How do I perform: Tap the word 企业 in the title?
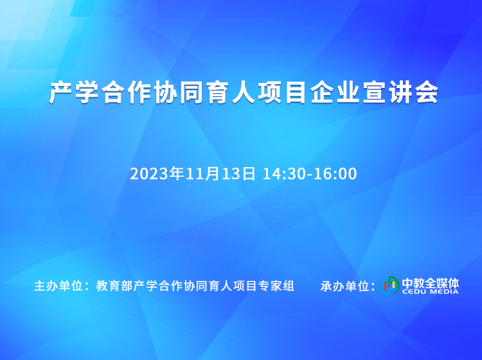pyautogui.click(x=335, y=92)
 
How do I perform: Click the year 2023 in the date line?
pyautogui.click(x=149, y=174)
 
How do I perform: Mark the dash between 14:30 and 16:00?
pyautogui.click(x=310, y=175)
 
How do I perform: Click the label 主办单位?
pyautogui.click(x=58, y=286)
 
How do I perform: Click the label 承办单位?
pyautogui.click(x=344, y=286)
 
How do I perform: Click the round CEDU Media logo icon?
pyautogui.click(x=389, y=285)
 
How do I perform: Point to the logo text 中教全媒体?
pyautogui.click(x=431, y=283)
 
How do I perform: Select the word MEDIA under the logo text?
pyautogui.click(x=445, y=292)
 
